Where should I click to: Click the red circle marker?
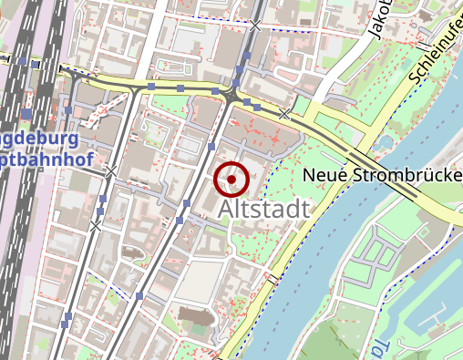point(231,180)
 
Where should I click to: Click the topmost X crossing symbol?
point(256,26)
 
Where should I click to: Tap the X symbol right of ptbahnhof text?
point(110,171)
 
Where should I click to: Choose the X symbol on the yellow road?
point(285,113)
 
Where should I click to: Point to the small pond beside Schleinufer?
point(384,142)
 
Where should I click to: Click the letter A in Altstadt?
point(228,211)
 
